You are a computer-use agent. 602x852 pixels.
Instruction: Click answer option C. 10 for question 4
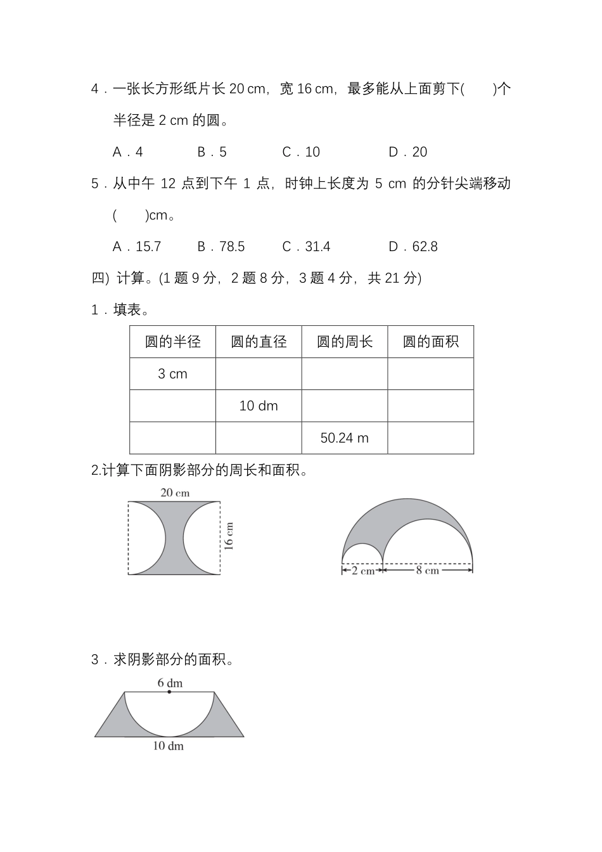pos(301,152)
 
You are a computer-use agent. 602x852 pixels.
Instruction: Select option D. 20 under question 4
pos(407,152)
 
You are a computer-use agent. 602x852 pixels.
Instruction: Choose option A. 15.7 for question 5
pos(137,247)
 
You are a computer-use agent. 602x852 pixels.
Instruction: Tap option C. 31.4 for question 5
pos(306,247)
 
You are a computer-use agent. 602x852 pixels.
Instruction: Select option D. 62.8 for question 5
pos(413,247)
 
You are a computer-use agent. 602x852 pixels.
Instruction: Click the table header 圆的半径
pos(172,342)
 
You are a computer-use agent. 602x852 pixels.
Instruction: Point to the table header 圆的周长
pos(345,342)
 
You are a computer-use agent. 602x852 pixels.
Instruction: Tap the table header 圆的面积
pos(431,342)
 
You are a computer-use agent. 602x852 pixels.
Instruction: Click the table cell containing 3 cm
pos(172,374)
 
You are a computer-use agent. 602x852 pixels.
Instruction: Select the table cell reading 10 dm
pos(259,406)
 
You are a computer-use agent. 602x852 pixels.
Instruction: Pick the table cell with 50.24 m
pos(345,438)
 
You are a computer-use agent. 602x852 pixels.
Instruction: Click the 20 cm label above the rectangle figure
pos(175,493)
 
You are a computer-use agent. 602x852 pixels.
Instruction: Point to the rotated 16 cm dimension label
pos(229,536)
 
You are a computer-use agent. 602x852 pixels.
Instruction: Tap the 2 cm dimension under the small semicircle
pos(362,571)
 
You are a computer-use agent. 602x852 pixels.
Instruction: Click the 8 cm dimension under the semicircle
pos(427,571)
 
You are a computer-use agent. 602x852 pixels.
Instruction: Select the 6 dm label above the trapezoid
pos(170,683)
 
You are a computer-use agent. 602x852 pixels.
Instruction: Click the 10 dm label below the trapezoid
pos(168,746)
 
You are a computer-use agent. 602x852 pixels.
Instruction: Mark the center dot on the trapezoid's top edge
pos(169,692)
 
